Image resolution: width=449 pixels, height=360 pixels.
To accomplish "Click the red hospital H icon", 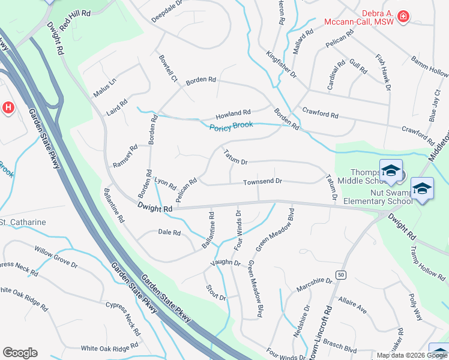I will point(8,108).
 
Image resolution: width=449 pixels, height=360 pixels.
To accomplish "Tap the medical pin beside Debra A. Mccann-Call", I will point(403,16).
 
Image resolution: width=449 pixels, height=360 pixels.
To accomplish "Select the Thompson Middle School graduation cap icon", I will point(391,170).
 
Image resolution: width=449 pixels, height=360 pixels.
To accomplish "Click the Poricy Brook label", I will point(231,126).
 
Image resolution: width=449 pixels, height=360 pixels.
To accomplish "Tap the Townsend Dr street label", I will point(262,181).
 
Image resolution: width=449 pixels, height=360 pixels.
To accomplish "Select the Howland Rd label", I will point(234,113).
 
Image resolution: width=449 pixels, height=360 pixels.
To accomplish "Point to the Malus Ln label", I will point(103,88).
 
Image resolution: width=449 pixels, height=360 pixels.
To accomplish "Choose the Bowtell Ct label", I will point(167,68).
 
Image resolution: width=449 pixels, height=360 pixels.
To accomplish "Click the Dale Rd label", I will point(169,232).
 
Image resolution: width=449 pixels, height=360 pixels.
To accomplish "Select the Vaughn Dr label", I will point(225,263).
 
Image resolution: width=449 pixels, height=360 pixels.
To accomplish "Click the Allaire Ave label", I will point(352,307).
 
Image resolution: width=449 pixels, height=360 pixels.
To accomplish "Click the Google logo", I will point(20,353).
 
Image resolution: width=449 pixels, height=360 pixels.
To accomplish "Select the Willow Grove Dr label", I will point(56,256).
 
